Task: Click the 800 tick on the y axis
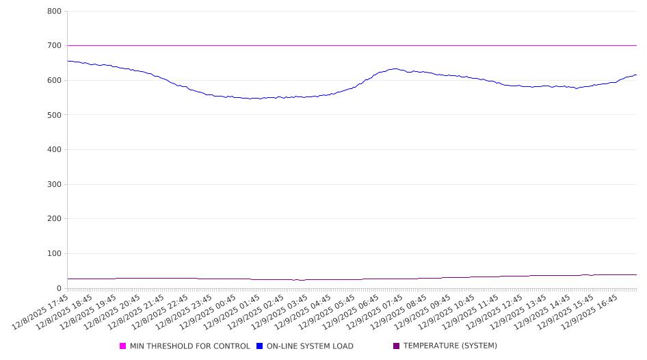[54, 12]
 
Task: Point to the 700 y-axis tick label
[54, 46]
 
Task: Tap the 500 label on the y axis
[54, 115]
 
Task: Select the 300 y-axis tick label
[54, 184]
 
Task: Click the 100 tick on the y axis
[54, 254]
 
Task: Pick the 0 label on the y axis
[59, 288]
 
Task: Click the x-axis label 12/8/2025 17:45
[41, 312]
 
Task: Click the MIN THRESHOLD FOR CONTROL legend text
[189, 346]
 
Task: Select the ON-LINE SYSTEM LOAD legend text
[310, 346]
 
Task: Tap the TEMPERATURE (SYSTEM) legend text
[450, 346]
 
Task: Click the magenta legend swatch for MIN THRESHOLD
[123, 346]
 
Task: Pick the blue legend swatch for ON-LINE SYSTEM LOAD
[260, 346]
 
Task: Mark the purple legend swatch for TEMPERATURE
[397, 346]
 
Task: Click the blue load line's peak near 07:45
[395, 68]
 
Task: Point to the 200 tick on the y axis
[54, 219]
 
